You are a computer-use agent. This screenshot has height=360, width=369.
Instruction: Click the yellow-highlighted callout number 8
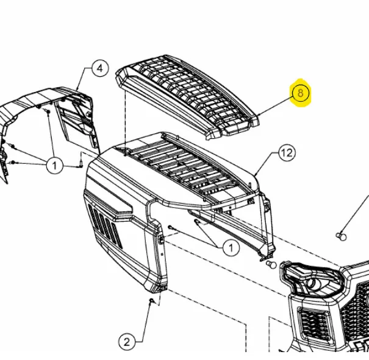tap(301, 93)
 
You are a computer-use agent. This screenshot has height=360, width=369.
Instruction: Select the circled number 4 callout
tap(100, 68)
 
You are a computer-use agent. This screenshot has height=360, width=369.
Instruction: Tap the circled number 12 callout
tap(287, 153)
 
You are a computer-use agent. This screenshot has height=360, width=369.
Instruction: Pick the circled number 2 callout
tap(127, 342)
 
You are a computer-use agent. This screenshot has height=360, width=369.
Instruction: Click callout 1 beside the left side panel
tap(55, 166)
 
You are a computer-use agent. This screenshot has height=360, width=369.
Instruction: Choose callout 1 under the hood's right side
tap(231, 247)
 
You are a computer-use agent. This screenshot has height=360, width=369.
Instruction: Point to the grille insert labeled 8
tap(188, 97)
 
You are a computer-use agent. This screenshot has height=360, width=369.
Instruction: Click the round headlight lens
tap(311, 284)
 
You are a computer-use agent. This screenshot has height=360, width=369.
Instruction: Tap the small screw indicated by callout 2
tap(152, 300)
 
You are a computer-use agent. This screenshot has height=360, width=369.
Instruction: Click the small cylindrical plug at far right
tap(342, 236)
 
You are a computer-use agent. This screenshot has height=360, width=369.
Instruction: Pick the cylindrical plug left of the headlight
tap(271, 264)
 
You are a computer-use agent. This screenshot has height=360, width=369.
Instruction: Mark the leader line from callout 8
tap(276, 106)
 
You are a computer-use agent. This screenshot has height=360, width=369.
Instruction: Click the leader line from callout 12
tap(267, 163)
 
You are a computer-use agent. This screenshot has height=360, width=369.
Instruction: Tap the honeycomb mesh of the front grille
tap(354, 306)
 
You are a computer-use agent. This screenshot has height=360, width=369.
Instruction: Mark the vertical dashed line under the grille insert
tap(126, 122)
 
